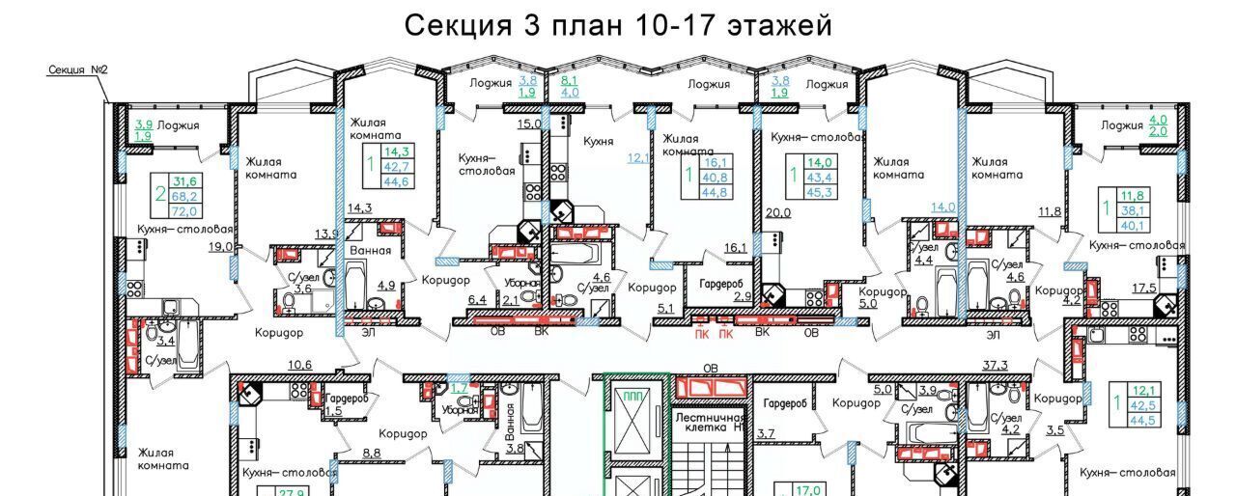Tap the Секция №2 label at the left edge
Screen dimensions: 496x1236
point(76,70)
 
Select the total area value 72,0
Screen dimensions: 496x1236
point(184,210)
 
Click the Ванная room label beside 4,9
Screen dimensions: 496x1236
point(372,250)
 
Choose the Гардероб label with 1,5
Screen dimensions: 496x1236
point(345,399)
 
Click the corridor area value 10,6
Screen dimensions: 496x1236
point(300,364)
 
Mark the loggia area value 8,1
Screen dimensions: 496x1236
point(569,82)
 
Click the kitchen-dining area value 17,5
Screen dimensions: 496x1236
point(1144,287)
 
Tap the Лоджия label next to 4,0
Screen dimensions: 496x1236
point(1122,125)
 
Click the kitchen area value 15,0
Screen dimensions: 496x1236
point(529,123)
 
